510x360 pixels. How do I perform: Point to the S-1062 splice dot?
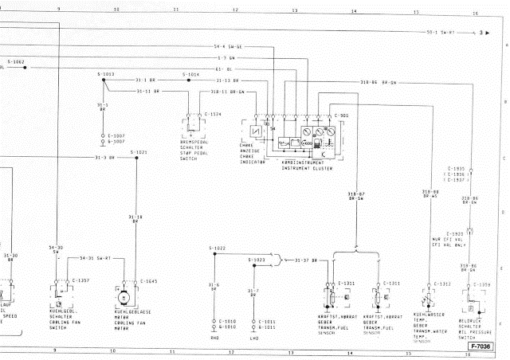pos(25,68)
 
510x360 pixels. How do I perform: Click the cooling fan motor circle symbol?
pos(124,296)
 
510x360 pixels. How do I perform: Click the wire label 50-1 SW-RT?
pos(440,33)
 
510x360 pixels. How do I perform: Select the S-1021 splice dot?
pos(137,158)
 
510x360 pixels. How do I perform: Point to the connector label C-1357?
pos(80,281)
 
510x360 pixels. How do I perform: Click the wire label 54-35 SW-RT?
pos(95,258)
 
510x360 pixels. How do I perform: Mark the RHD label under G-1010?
pos(214,337)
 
